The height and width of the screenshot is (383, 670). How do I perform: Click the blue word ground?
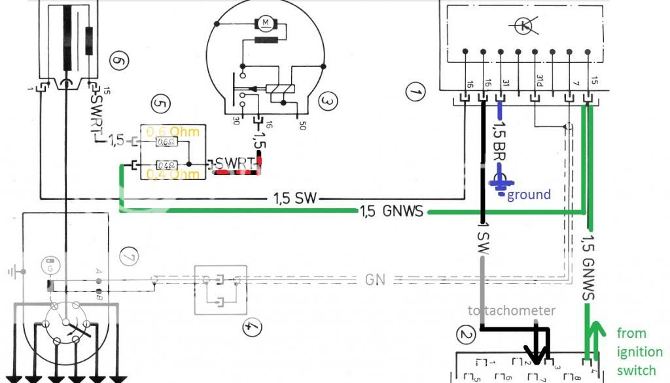529,194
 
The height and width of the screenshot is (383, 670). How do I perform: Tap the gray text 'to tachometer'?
512,310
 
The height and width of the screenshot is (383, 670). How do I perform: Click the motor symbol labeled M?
266,24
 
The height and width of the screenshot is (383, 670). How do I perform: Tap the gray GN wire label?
374,280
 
